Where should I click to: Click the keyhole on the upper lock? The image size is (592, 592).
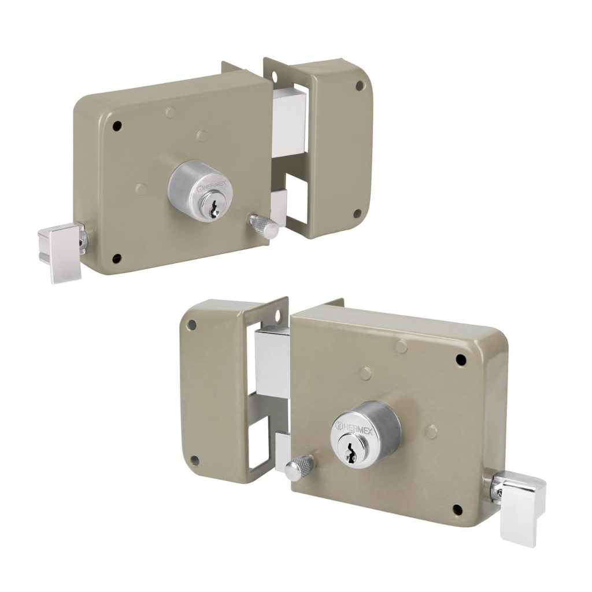pos(214,209)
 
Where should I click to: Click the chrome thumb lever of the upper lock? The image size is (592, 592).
pos(62,250)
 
